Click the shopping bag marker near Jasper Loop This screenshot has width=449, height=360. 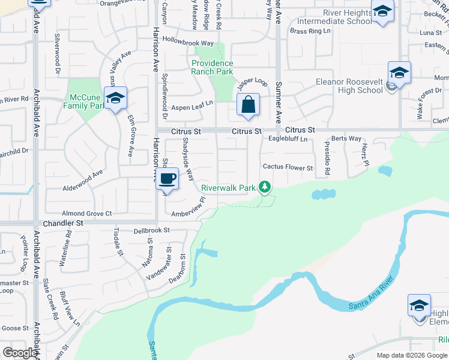pos(248,106)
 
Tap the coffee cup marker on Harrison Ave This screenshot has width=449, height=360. pos(168,178)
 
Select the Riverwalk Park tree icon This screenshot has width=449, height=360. pos(264,187)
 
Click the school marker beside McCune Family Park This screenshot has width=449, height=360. pos(115,99)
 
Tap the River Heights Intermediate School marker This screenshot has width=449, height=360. pos(382,12)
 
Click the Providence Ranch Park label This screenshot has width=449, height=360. pos(212,67)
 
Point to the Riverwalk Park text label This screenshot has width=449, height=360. pos(228,188)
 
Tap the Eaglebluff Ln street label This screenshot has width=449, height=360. pos(288,139)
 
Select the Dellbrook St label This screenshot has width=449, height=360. pos(152,230)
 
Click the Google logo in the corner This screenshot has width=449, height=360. pos(20,353)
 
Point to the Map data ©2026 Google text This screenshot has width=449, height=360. pos(411,355)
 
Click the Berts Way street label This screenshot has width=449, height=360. pos(346,139)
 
